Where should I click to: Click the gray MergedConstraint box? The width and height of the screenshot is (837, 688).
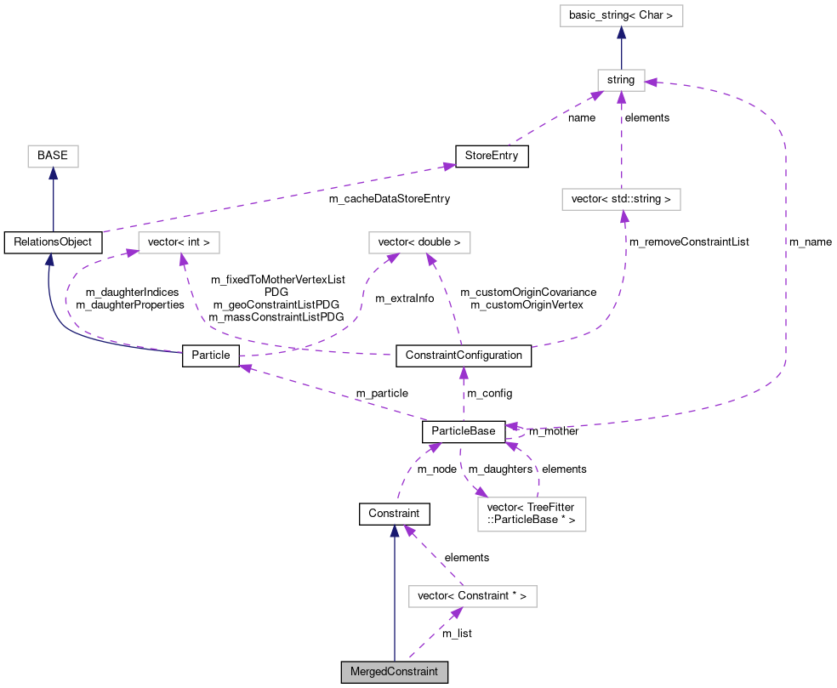pos(394,672)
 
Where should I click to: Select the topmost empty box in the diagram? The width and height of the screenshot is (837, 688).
pos(621,15)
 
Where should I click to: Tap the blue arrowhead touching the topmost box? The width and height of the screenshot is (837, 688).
pos(621,32)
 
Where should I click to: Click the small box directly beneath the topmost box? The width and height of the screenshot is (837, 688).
pos(621,80)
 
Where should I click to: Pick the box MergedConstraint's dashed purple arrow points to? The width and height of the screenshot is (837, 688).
pos(472,597)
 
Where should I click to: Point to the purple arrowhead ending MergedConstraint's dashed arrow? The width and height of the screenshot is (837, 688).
pos(457,613)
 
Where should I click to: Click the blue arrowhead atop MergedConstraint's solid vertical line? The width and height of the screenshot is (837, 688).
pos(394,530)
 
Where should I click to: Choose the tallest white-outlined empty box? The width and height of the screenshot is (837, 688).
pos(532,515)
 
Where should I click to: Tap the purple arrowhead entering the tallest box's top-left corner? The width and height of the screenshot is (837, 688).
pos(481,492)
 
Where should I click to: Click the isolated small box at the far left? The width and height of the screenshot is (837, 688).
pos(53,156)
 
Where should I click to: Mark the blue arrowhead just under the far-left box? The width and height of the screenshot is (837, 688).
pos(53,173)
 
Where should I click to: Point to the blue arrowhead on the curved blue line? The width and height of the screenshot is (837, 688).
pos(49,259)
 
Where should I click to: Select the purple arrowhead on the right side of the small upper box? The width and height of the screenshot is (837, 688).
pos(651,82)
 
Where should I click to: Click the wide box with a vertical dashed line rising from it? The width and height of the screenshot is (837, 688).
pos(621,199)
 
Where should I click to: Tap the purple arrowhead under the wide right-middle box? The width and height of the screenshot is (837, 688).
pos(624,216)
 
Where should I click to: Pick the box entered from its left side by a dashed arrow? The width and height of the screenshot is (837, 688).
pos(179,242)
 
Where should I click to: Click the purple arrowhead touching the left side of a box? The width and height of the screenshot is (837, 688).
pos(132,252)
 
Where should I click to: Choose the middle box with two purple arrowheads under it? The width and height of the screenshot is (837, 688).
pos(419,242)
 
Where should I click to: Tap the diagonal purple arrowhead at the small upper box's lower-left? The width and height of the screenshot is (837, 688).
pos(595,95)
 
